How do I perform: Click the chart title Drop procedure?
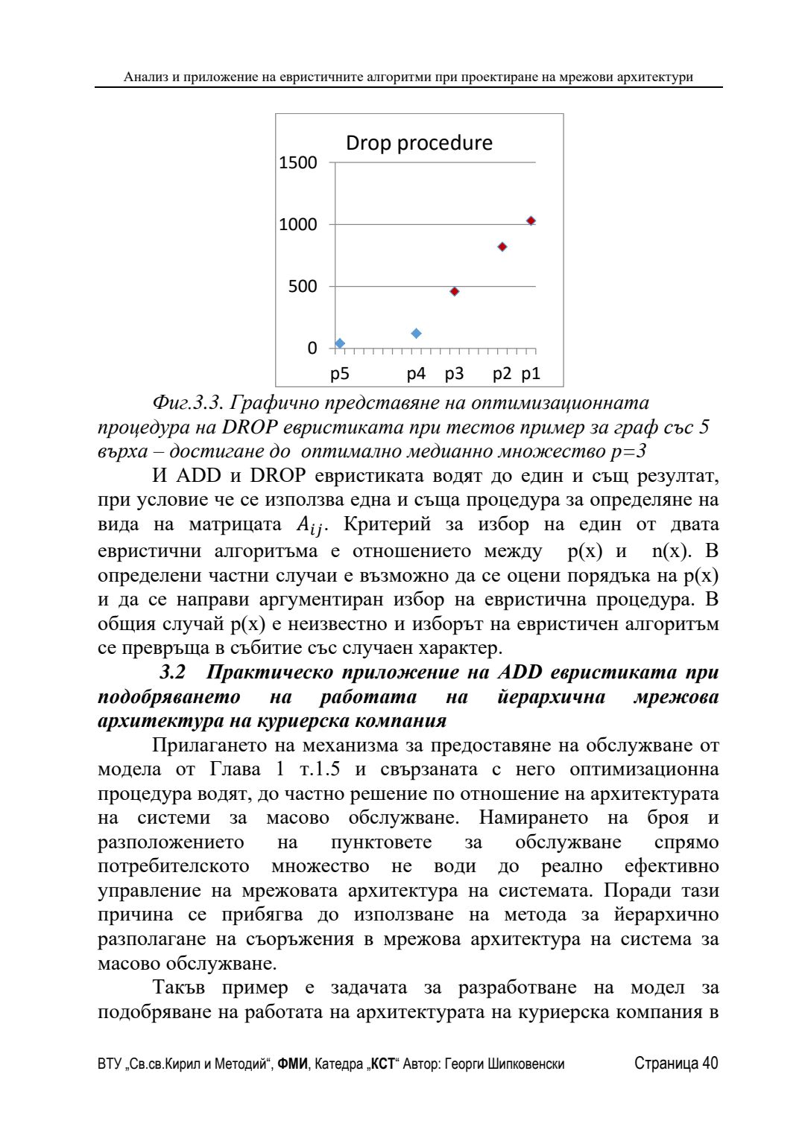coord(419,143)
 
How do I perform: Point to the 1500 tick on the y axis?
coord(297,162)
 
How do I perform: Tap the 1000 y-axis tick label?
coord(297,224)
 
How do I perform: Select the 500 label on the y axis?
coord(303,287)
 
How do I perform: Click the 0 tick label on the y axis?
coord(312,349)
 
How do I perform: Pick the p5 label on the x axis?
coord(340,374)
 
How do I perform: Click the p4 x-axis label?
coord(416,374)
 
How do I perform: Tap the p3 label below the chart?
coord(454,374)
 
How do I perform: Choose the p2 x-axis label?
coord(502,374)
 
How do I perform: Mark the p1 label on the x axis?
coord(531,374)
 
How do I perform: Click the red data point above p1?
coord(531,220)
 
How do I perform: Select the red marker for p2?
coord(502,247)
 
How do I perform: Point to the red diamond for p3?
coord(455,291)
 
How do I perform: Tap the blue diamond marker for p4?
coord(417,334)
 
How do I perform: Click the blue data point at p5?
coord(340,343)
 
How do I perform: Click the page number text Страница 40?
coord(676,1064)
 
